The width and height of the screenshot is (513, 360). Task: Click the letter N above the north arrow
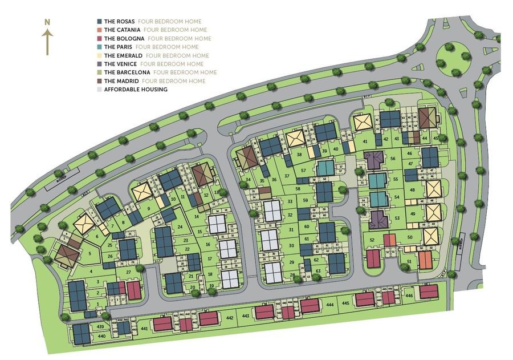coord(48,22)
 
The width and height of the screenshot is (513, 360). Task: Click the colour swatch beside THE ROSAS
coord(100,22)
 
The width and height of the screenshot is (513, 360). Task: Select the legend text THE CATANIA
coord(122,30)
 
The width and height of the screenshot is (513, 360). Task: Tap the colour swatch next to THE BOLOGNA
coord(100,39)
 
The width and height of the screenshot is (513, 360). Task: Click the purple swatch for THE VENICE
coord(100,64)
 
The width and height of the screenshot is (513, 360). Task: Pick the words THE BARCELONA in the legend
coord(127,72)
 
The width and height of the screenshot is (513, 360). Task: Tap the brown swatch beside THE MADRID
coord(100,81)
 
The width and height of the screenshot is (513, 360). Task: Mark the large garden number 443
coord(246,316)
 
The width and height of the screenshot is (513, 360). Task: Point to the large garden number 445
coord(345,304)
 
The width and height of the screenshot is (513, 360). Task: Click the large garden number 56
coord(393,158)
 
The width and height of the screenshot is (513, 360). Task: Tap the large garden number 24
coord(180,226)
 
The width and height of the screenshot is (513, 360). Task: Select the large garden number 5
coord(89,253)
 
